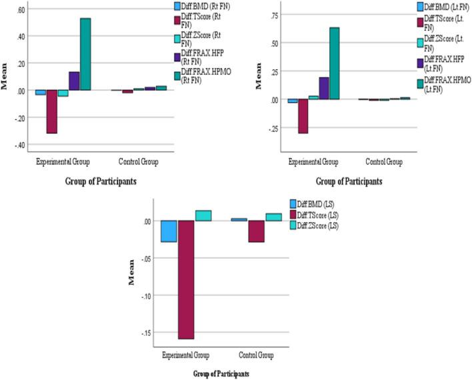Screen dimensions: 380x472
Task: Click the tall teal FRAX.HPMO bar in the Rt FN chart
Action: click(x=85, y=54)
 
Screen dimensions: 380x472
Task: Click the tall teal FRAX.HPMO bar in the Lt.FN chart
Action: click(x=335, y=63)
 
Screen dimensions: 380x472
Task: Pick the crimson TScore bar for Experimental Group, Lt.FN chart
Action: click(x=303, y=116)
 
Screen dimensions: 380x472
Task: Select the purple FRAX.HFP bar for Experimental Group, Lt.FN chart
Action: click(x=324, y=88)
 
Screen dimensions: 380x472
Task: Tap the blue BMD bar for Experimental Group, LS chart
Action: click(x=169, y=231)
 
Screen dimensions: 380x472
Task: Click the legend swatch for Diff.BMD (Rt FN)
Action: click(x=177, y=7)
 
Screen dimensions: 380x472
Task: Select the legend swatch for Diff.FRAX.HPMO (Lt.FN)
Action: click(x=421, y=83)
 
